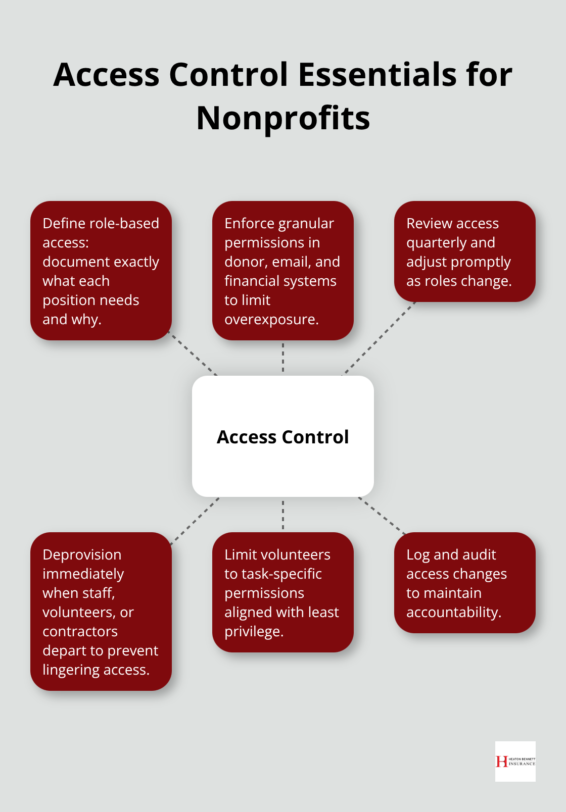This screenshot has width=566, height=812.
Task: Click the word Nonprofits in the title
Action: (283, 118)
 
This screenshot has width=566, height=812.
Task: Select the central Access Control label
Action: (282, 437)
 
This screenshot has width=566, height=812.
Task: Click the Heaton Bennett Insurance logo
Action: (515, 761)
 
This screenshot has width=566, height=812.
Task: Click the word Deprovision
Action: (82, 554)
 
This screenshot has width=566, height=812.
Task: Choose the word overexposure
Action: (271, 320)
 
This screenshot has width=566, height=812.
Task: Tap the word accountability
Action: (453, 613)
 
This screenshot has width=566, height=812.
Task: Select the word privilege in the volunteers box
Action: (253, 632)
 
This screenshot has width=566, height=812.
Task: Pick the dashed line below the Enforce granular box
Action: (283, 358)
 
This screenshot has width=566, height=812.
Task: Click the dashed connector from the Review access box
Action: (379, 339)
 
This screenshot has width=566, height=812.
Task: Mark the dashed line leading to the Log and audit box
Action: (383, 516)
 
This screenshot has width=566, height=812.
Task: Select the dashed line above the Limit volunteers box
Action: (283, 515)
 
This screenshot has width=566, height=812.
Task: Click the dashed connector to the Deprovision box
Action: (195, 521)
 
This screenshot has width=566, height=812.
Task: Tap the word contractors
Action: (80, 632)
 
